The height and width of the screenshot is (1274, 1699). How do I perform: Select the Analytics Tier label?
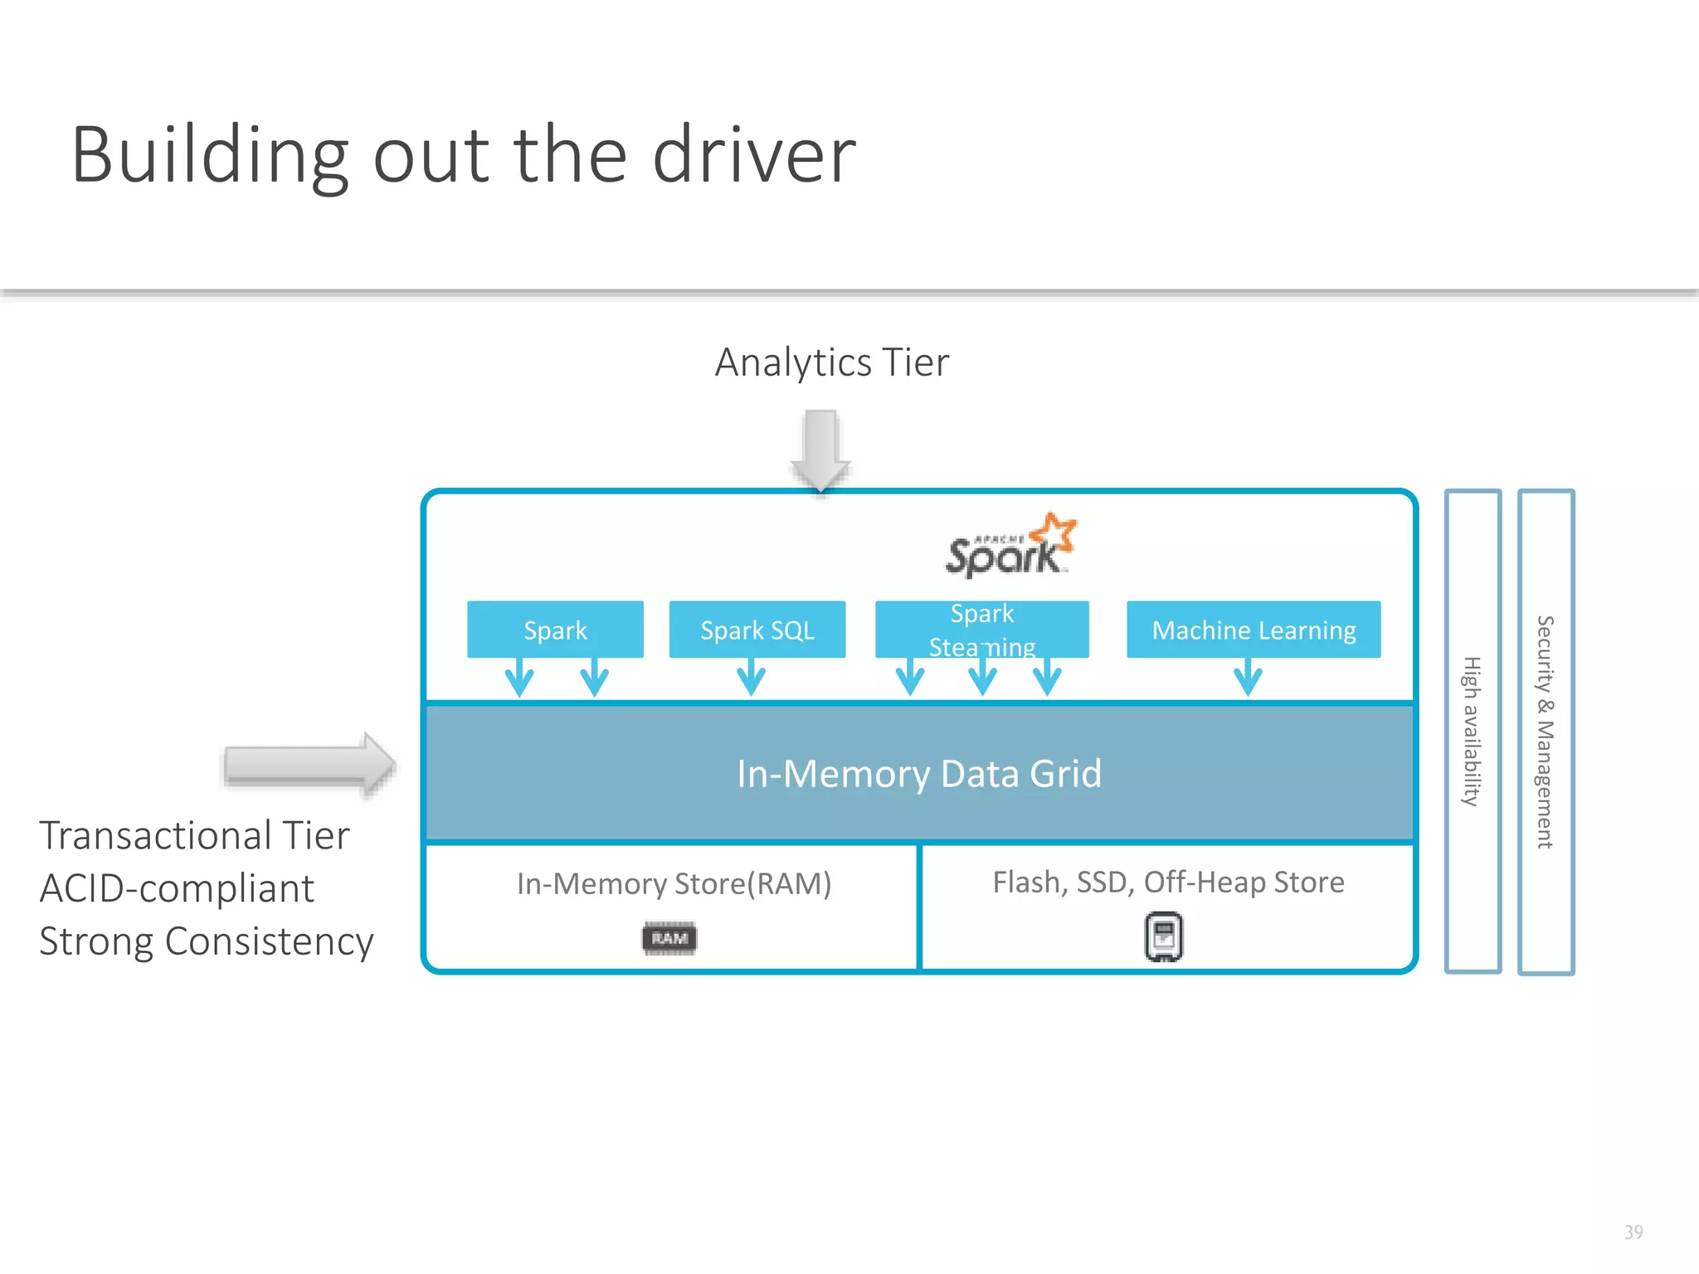[831, 362]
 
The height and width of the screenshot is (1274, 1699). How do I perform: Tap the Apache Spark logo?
[1010, 547]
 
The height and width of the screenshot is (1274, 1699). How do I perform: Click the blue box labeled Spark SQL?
[757, 630]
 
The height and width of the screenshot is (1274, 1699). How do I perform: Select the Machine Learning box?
[1253, 630]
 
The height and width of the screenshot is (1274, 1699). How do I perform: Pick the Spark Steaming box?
[981, 629]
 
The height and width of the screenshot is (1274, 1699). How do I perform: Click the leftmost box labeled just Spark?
[555, 630]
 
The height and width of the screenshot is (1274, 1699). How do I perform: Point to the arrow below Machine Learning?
[1248, 677]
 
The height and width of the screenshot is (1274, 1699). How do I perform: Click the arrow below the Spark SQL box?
[752, 677]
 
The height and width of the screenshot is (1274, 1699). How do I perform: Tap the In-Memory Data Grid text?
[919, 774]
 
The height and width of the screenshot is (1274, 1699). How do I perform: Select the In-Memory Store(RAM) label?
[674, 883]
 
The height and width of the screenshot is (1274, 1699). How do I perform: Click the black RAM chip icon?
[669, 938]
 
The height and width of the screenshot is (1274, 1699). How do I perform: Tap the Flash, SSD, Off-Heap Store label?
[1168, 882]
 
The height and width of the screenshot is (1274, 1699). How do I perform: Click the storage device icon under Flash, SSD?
[1164, 937]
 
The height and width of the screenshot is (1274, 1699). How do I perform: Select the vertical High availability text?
[1472, 731]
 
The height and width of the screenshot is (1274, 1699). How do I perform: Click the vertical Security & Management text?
[1545, 731]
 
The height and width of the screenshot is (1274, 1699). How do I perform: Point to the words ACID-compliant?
[177, 888]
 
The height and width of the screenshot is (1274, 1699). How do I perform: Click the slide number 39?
[1633, 1232]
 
